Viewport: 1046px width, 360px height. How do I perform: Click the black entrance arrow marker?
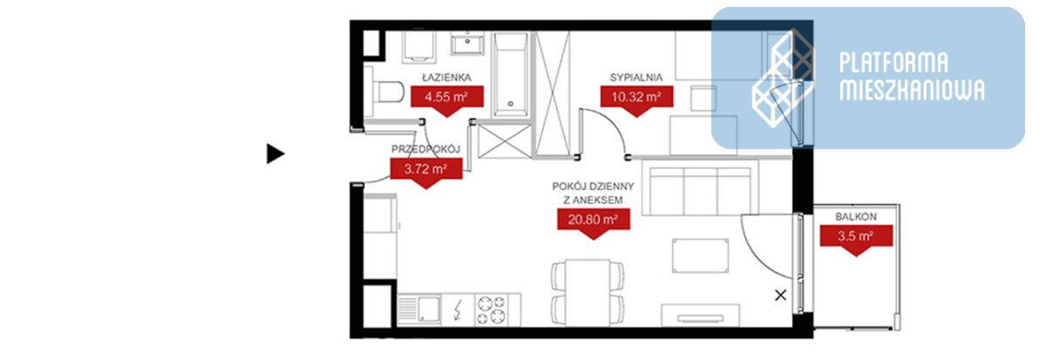click(x=275, y=154)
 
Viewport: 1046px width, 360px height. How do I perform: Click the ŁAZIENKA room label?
click(x=446, y=78)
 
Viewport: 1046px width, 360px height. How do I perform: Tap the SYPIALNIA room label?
click(x=636, y=78)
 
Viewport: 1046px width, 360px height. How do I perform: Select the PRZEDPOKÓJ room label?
click(x=426, y=149)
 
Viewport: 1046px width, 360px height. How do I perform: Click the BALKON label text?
click(x=856, y=217)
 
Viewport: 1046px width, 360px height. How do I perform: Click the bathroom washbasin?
click(x=467, y=43)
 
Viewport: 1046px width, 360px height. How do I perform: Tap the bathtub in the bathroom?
click(x=511, y=74)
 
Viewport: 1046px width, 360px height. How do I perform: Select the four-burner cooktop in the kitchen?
click(x=492, y=309)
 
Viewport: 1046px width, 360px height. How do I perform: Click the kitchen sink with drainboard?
click(x=419, y=309)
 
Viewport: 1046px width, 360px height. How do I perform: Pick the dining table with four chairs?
click(x=588, y=292)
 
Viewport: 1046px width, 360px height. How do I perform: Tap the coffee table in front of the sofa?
click(x=700, y=255)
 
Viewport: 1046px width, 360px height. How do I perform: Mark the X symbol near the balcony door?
click(x=780, y=295)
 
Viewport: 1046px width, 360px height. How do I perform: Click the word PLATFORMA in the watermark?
click(x=893, y=63)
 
